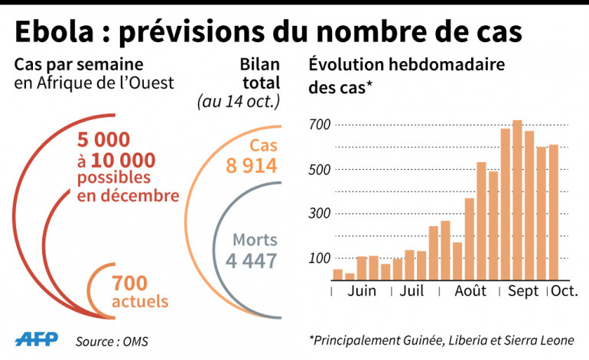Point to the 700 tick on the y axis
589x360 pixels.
click(320, 125)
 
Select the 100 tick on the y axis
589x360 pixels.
click(320, 258)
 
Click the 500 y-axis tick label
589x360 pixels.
click(320, 169)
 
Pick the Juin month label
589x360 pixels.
click(362, 291)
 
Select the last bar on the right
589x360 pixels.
click(553, 212)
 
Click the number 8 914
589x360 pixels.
click(251, 165)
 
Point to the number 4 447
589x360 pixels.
click(251, 261)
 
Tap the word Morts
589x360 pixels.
click(255, 239)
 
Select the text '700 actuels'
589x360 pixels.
click(140, 291)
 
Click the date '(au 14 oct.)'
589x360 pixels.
click(239, 100)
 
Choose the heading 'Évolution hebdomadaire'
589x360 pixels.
click(405, 64)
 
